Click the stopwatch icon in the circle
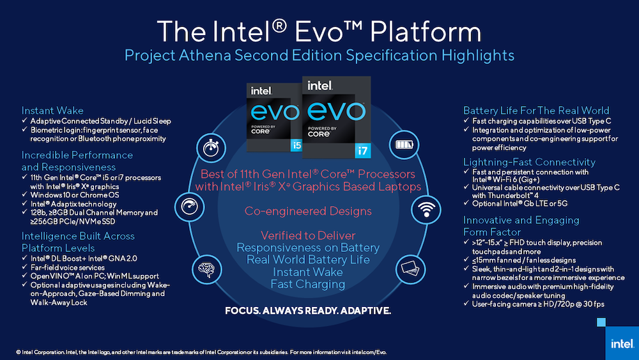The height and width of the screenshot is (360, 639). click(x=211, y=147)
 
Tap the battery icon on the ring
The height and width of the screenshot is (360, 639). click(x=404, y=145)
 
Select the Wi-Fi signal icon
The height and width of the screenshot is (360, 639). click(x=426, y=210)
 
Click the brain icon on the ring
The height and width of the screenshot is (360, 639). click(x=206, y=269)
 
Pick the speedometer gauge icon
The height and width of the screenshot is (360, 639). click(x=189, y=207)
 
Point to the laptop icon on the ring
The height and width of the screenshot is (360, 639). click(x=410, y=269)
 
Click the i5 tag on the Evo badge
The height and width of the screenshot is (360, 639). click(x=296, y=145)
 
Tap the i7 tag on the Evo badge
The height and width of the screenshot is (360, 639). click(x=362, y=151)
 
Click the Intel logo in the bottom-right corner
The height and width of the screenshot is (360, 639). click(x=622, y=343)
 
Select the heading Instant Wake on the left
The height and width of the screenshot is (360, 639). click(x=52, y=111)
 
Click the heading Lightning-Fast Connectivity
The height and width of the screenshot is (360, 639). click(x=529, y=162)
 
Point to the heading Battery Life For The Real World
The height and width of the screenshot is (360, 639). click(x=536, y=111)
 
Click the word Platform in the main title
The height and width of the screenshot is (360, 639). click(x=426, y=32)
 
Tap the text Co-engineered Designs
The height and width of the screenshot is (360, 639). click(x=308, y=211)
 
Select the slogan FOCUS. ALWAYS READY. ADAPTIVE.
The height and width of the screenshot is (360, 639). click(x=308, y=311)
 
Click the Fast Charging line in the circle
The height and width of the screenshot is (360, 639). click(x=308, y=284)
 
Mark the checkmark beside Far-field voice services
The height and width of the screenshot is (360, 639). click(x=24, y=267)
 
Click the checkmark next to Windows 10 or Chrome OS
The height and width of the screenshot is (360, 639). click(x=24, y=194)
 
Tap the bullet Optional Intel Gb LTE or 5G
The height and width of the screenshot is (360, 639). click(x=520, y=203)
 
